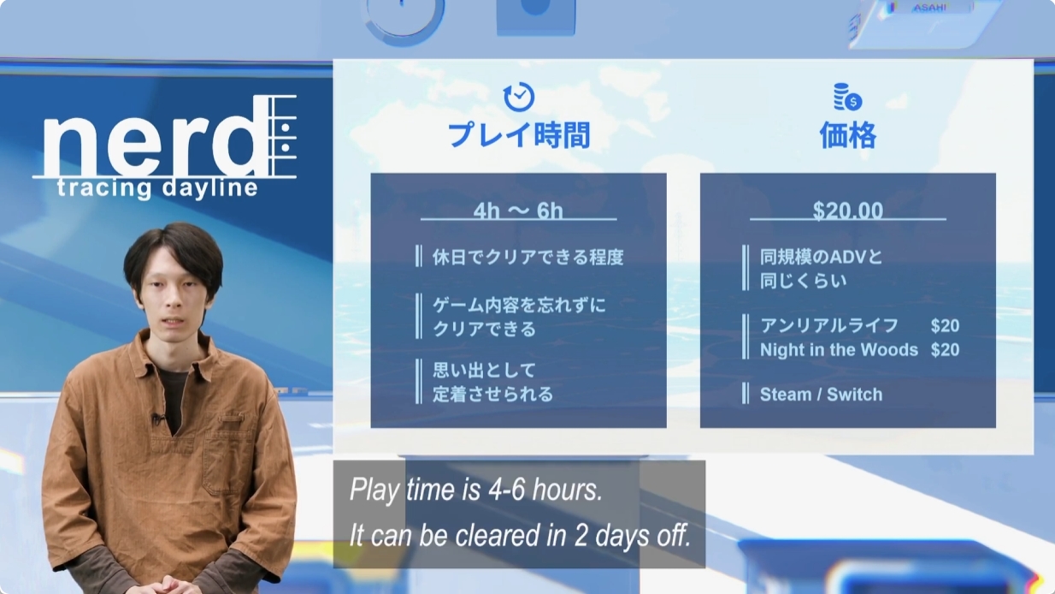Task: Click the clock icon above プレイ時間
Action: click(519, 97)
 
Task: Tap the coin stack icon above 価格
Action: click(848, 97)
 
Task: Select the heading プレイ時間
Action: click(519, 136)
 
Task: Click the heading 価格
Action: click(848, 136)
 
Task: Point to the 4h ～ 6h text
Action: click(518, 211)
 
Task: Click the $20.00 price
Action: click(848, 211)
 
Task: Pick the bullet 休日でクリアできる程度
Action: click(528, 257)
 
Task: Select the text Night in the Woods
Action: click(839, 350)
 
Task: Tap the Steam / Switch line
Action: click(821, 395)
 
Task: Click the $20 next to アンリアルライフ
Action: click(945, 326)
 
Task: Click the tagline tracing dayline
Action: click(157, 188)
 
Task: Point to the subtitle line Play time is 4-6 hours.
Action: click(476, 490)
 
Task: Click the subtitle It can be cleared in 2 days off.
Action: click(520, 536)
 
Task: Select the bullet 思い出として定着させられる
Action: click(492, 383)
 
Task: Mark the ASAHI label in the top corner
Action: click(929, 8)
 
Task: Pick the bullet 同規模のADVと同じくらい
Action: click(821, 269)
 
